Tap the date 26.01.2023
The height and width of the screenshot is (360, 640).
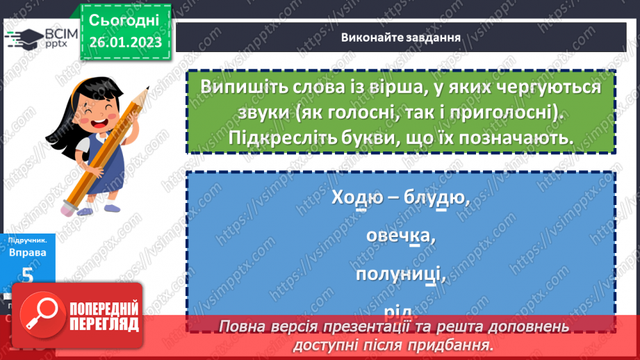point(124,42)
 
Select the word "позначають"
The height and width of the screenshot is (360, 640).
point(515,138)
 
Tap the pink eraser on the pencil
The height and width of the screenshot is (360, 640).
point(72,206)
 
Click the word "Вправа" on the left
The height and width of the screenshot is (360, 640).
point(28,252)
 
